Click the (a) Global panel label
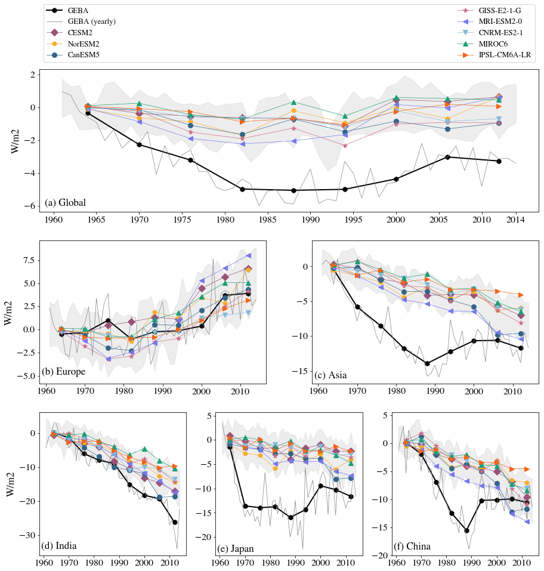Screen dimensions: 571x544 pos(65,203)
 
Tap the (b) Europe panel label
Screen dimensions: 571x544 pos(63,372)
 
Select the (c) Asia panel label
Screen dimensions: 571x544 pos(330,375)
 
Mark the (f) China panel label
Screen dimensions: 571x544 pos(412,546)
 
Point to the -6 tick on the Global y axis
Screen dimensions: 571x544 pos(27,206)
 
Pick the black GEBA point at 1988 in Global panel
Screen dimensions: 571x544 pos(293,190)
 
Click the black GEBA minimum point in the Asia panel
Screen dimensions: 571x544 pos(427,363)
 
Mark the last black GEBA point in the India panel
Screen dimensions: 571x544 pos(175,522)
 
